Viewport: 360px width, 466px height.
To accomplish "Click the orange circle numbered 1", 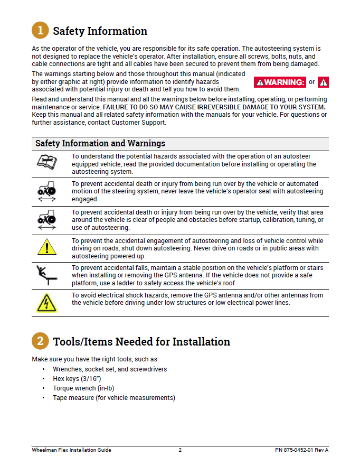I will point(40,31).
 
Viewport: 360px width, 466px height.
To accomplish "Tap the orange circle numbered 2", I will point(40,341).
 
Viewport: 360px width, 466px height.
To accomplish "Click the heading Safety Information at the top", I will point(100,31).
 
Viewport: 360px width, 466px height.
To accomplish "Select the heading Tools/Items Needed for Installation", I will point(141,342).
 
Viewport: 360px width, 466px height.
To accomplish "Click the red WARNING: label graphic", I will point(280,82).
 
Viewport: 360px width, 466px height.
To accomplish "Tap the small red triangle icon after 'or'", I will point(324,82).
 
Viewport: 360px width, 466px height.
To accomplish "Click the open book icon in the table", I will point(46,162).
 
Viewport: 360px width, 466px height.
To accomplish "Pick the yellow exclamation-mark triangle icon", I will point(47,247).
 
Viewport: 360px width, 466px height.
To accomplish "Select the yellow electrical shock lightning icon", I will point(47,303).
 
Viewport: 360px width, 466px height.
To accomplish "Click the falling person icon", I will point(47,275).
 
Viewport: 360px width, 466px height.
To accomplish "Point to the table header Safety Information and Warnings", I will point(100,144).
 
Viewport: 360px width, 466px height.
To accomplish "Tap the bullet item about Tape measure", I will point(113,398).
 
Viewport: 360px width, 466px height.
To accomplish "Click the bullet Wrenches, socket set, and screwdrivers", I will point(110,369).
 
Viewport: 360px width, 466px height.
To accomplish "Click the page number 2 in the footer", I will point(180,450).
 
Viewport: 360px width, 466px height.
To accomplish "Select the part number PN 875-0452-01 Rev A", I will point(301,450).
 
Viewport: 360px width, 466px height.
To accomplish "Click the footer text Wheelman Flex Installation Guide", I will point(71,450).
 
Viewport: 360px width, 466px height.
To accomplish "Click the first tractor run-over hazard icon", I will point(47,191).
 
